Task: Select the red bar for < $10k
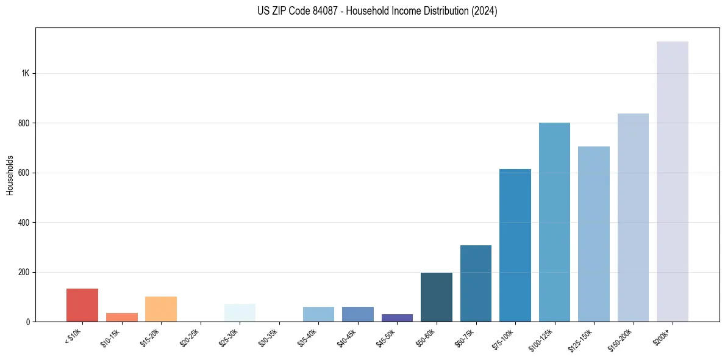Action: (x=82, y=305)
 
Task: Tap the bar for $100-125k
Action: (x=554, y=222)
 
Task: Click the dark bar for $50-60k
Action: (x=437, y=297)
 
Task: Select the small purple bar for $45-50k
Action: (x=397, y=318)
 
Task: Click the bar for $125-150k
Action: (x=593, y=234)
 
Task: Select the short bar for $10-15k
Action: (x=122, y=317)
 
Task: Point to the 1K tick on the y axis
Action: (x=25, y=73)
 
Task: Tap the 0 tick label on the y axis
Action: (x=27, y=322)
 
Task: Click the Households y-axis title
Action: (x=10, y=175)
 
